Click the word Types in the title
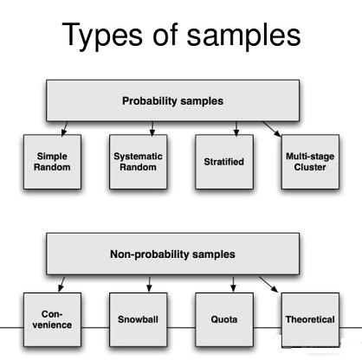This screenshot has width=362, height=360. click(x=102, y=35)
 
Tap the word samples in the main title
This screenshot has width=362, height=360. click(x=243, y=35)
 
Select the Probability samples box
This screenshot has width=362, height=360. click(x=172, y=100)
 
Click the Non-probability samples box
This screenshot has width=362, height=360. click(x=172, y=254)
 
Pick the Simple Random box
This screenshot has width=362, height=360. click(x=52, y=162)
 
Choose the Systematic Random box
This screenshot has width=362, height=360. click(x=138, y=162)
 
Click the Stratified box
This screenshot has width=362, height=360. click(x=224, y=162)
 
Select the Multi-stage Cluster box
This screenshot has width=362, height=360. click(x=310, y=162)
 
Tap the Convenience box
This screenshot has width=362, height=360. click(x=52, y=319)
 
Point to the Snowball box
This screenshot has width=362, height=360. click(x=138, y=319)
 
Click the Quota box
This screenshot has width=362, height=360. click(x=224, y=319)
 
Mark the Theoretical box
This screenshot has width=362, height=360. click(x=310, y=319)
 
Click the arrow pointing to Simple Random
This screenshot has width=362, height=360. click(x=64, y=129)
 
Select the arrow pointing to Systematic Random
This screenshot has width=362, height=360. click(x=152, y=129)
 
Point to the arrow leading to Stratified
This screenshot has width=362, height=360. click(x=236, y=129)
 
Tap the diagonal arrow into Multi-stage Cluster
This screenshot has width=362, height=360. click(x=271, y=129)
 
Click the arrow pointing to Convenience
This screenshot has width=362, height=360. click(x=61, y=284)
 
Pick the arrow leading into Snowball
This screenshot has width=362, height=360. click(x=149, y=284)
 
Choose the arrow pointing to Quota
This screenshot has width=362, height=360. click(x=233, y=284)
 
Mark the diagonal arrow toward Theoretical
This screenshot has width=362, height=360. click(x=268, y=285)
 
